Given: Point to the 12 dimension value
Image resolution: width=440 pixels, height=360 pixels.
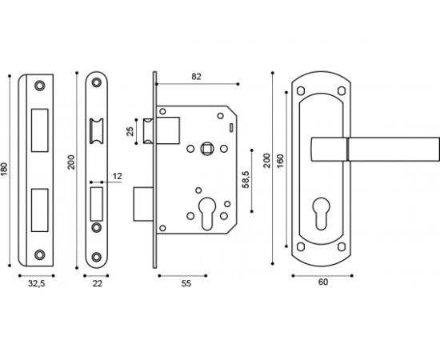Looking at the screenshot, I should click(x=118, y=175).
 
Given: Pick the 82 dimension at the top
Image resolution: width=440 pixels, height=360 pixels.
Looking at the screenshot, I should click(x=197, y=76).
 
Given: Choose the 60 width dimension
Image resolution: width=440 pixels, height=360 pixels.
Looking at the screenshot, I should click(x=322, y=282).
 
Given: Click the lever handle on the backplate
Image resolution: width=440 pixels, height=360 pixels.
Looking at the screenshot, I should click(x=374, y=148).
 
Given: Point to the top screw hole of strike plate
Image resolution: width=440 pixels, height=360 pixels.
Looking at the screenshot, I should click(x=40, y=85).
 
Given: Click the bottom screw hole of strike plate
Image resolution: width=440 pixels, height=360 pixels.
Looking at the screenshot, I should click(x=40, y=254).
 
